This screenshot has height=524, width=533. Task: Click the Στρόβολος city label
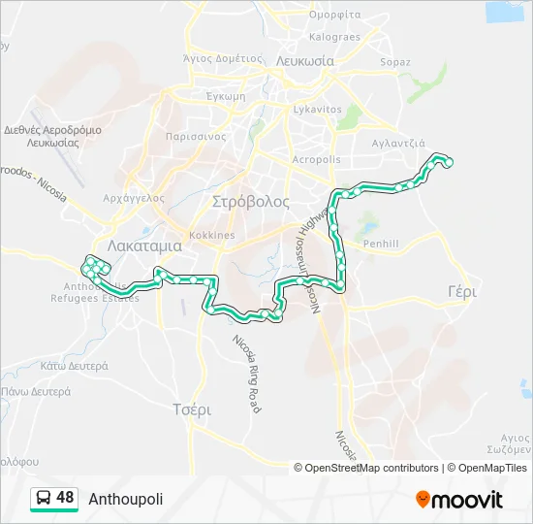click(x=250, y=202)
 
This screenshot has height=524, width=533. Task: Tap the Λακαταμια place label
click(x=145, y=246)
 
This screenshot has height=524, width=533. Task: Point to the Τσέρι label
click(x=191, y=409)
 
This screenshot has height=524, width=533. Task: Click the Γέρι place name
click(x=463, y=291)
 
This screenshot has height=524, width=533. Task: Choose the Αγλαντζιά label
click(x=398, y=142)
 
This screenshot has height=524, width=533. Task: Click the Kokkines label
click(x=212, y=236)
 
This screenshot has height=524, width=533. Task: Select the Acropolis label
click(x=316, y=160)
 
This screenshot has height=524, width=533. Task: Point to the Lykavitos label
click(x=317, y=110)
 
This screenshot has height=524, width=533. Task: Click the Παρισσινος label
click(x=196, y=137)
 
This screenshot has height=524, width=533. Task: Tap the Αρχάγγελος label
click(x=134, y=198)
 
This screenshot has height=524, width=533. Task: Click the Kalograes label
click(x=334, y=38)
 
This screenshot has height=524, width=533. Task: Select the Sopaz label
click(x=395, y=62)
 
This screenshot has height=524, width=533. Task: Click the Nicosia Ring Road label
click(x=246, y=374)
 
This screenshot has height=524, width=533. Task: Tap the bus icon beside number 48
click(x=44, y=499)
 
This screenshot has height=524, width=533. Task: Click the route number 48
click(x=65, y=498)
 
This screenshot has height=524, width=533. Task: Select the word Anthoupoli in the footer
click(x=126, y=499)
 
